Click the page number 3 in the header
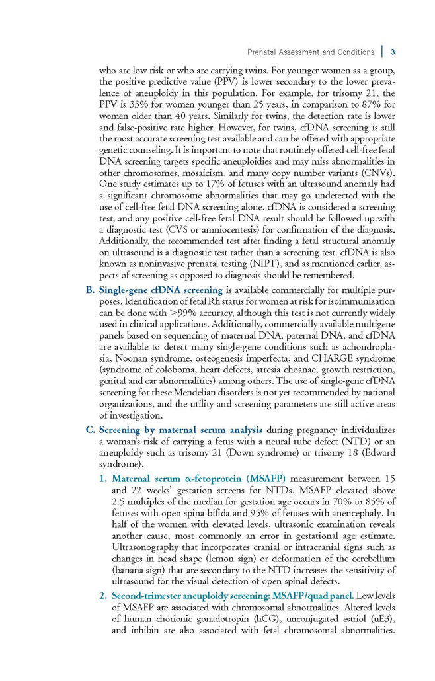393,52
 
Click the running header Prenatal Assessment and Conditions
310,52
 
